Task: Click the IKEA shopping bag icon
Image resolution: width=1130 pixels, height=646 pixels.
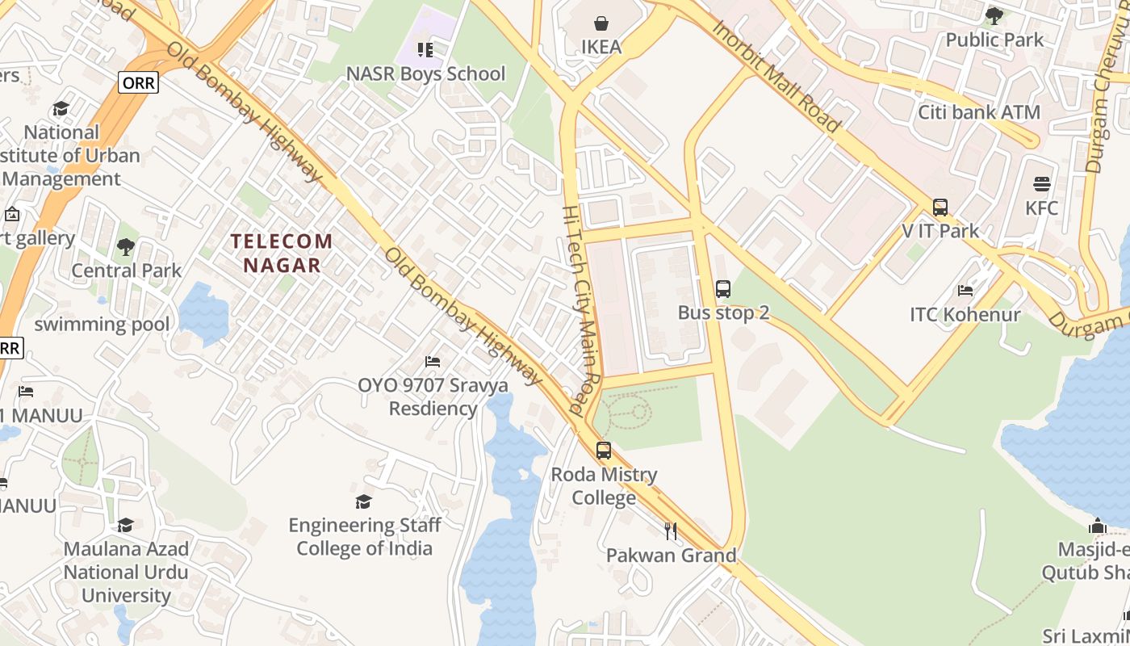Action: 601,23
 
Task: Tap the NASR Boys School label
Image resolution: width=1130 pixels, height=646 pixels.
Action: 425,73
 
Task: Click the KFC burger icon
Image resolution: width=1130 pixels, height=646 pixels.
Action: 1042,183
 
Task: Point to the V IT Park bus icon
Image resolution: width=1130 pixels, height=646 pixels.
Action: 940,207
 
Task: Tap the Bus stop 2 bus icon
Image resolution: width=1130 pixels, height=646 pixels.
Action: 723,288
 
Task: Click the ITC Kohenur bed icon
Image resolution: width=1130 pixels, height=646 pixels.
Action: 965,291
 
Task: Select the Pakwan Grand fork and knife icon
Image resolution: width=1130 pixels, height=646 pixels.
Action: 671,531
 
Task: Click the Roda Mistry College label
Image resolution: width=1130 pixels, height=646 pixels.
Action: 604,485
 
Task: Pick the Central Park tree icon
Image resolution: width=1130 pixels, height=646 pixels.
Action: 126,246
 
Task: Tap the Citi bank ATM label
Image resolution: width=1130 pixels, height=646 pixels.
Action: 979,112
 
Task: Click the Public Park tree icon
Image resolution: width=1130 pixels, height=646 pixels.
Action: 994,15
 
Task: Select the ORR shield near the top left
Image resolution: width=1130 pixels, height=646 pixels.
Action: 138,82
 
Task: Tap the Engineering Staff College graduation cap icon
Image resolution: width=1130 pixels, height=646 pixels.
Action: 364,501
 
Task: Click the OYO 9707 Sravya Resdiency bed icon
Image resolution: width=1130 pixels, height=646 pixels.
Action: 433,361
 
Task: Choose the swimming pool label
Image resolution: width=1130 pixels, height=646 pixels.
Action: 102,325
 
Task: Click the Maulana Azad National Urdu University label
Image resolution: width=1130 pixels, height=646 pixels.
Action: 127,572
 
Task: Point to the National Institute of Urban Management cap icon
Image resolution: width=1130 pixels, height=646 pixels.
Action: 61,108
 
